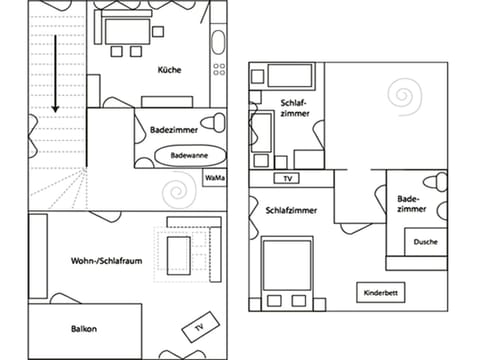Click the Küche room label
170,70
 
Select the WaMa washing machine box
214,178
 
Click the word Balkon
84,329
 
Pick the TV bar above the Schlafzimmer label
288,179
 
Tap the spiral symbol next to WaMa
181,187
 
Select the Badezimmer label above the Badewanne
173,130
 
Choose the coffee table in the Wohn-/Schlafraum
181,254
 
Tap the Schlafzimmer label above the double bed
292,211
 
